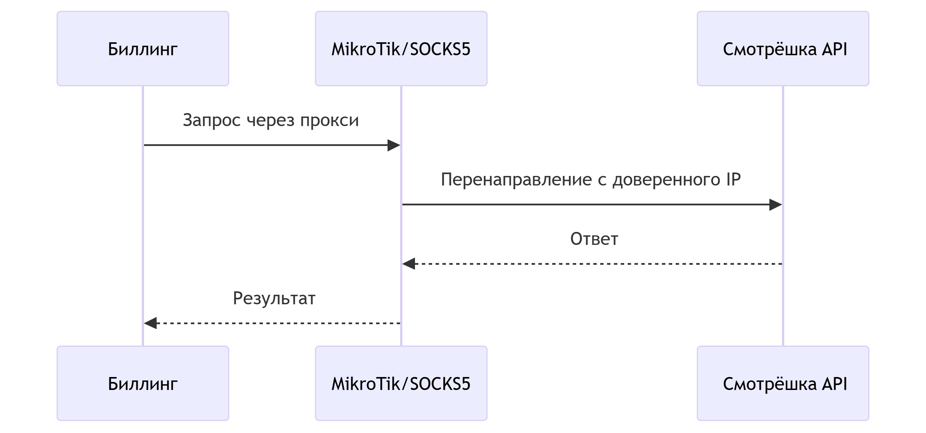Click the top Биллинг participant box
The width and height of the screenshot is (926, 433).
click(143, 48)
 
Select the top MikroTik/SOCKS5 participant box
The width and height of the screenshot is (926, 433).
click(401, 48)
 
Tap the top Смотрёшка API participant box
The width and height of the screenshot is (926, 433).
click(783, 48)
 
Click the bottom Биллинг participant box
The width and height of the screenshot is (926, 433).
click(143, 383)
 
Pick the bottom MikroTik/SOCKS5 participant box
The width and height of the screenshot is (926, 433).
click(401, 383)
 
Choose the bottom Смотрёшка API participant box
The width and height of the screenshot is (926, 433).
click(783, 383)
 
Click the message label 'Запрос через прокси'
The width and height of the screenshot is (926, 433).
click(271, 120)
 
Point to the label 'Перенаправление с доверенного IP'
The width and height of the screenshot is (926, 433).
click(591, 180)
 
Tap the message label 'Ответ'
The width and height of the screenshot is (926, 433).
click(594, 239)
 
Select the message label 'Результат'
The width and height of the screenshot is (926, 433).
click(274, 298)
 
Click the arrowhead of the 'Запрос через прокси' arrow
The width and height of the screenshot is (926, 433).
click(394, 145)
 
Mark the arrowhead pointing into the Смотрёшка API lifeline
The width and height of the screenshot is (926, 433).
click(775, 205)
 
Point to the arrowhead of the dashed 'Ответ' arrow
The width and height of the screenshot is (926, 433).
click(409, 264)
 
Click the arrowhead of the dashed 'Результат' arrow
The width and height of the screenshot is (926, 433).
click(151, 323)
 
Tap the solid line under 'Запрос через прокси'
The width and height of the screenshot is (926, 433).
click(267, 145)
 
